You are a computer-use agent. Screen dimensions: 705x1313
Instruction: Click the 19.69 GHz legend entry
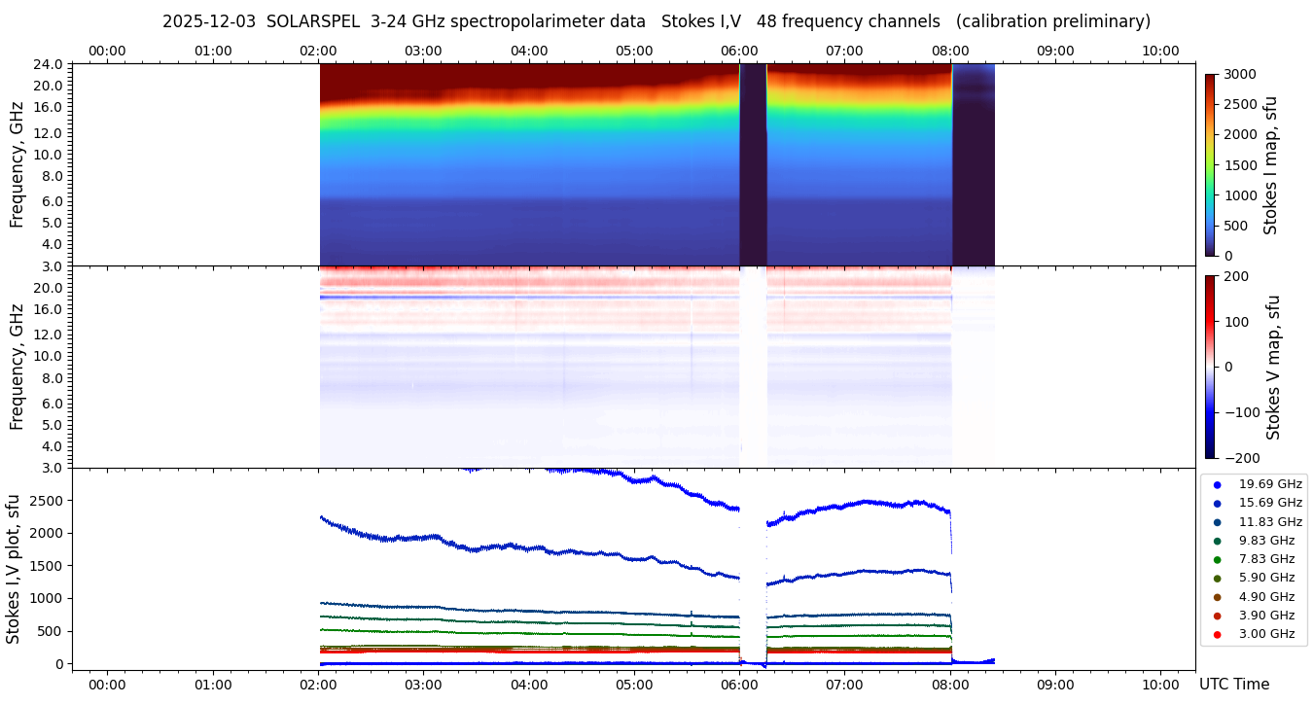click(1269, 483)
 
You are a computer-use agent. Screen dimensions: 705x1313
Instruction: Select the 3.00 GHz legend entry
click(1266, 634)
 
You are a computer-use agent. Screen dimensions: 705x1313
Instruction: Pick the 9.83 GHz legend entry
click(1266, 541)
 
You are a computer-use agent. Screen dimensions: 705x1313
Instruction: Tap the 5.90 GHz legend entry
click(1266, 578)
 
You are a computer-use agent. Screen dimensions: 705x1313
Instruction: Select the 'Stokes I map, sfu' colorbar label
click(1270, 165)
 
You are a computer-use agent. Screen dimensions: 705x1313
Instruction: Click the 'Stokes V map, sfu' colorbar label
click(1273, 367)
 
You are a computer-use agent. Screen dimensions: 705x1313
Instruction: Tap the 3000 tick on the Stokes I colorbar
click(1239, 75)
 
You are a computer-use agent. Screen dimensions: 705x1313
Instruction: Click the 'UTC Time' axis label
click(1234, 685)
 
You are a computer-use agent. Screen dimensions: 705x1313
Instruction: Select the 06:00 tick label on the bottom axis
click(739, 685)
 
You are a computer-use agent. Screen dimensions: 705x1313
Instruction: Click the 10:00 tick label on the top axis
click(1160, 51)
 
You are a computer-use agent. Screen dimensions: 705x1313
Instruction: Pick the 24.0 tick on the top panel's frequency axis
click(51, 65)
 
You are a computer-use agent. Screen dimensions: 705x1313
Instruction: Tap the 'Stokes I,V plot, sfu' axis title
click(14, 569)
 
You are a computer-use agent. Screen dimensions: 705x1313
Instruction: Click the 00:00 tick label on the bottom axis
click(107, 685)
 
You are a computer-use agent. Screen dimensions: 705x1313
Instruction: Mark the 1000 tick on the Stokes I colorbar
click(1239, 195)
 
